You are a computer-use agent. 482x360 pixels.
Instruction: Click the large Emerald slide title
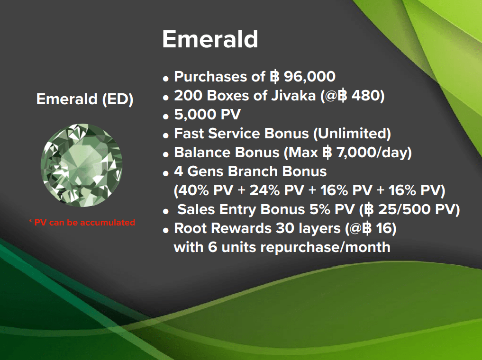[x=210, y=39]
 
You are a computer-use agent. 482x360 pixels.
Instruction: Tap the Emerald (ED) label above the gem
[x=85, y=99]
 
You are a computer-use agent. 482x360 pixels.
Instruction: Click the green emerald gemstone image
[x=82, y=165]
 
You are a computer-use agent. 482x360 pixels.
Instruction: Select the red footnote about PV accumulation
[x=82, y=222]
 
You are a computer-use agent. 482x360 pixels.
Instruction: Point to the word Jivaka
[x=293, y=96]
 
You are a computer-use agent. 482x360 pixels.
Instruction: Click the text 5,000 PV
[x=208, y=115]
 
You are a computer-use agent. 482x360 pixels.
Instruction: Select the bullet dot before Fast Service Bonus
[x=166, y=135]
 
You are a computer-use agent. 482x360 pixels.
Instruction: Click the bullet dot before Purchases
[x=166, y=78]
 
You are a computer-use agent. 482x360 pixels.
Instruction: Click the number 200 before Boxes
[x=188, y=96]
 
